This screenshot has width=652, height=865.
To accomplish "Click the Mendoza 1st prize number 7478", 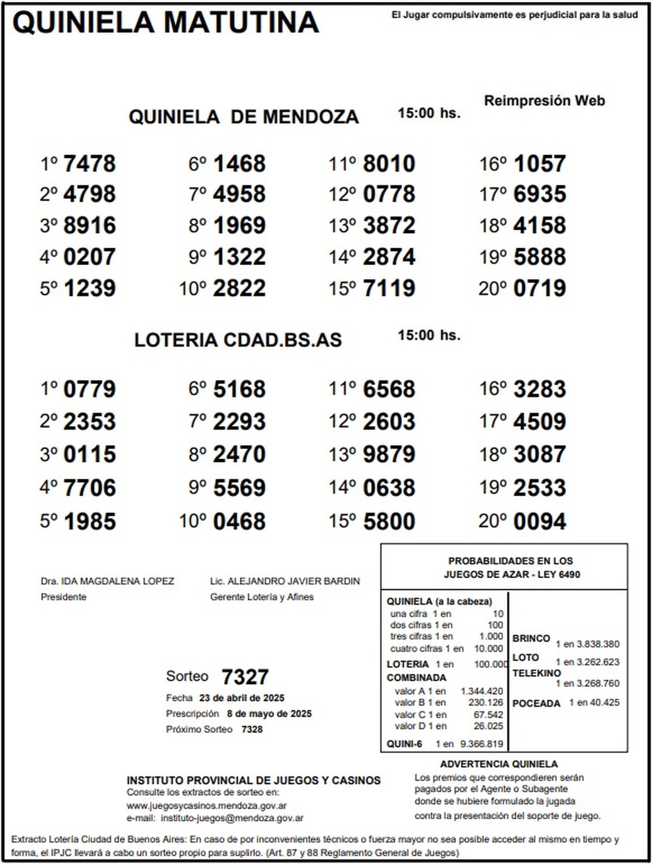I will click(90, 164).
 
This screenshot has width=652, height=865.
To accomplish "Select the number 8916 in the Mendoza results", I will click(90, 225).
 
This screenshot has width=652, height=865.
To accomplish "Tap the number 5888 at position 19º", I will click(540, 256).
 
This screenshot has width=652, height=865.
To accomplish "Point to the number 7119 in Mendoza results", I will click(389, 288).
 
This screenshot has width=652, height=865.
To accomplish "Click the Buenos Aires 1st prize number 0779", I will click(90, 389).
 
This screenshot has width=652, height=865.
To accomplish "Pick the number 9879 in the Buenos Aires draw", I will click(389, 454).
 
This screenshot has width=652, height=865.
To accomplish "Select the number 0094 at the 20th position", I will click(540, 521).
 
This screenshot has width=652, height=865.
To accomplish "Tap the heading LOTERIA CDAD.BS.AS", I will click(238, 340).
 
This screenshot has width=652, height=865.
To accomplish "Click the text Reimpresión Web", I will click(544, 101).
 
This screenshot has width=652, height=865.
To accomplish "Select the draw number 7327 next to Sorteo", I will click(245, 677).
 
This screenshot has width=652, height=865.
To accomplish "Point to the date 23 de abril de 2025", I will click(242, 698).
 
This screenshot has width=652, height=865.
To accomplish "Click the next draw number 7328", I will click(252, 729).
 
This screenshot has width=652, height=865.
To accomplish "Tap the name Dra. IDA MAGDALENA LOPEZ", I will click(108, 581).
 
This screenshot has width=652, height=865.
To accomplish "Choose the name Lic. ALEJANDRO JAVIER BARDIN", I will click(285, 581).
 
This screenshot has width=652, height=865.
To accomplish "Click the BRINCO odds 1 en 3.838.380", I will click(587, 644).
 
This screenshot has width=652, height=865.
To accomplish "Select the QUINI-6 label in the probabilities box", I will click(404, 744).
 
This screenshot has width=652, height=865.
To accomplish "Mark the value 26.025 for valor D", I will click(488, 726).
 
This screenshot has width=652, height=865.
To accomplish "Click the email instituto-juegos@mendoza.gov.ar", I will click(233, 818).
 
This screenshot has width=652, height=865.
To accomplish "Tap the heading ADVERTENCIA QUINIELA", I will click(499, 764).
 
